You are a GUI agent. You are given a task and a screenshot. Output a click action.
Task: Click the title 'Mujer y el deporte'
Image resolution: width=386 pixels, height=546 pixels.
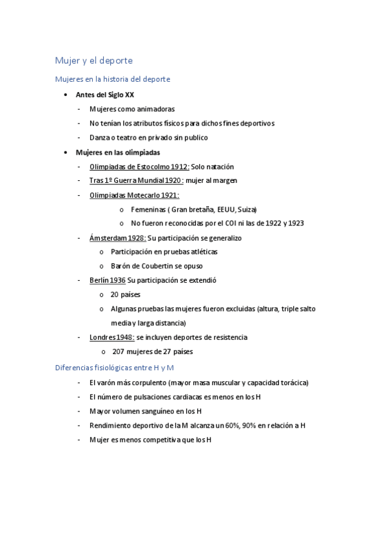(93, 61)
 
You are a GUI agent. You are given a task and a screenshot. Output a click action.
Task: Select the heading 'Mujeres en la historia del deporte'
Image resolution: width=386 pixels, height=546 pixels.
(112, 79)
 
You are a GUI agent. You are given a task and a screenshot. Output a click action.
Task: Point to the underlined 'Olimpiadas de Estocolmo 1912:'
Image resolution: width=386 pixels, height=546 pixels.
(139, 167)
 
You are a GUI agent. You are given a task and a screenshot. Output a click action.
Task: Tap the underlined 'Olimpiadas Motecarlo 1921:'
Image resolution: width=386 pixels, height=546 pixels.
(134, 195)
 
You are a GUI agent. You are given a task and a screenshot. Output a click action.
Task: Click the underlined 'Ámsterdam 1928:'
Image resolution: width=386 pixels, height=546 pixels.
(117, 238)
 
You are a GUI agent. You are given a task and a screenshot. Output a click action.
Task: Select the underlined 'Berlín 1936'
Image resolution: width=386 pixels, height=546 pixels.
(107, 280)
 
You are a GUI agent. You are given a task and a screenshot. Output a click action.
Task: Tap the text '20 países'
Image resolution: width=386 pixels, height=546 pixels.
(125, 294)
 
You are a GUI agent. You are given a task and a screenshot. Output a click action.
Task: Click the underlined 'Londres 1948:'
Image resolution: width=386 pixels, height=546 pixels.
(111, 337)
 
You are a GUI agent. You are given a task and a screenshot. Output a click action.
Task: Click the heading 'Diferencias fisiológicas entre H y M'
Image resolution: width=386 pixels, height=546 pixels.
(115, 368)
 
